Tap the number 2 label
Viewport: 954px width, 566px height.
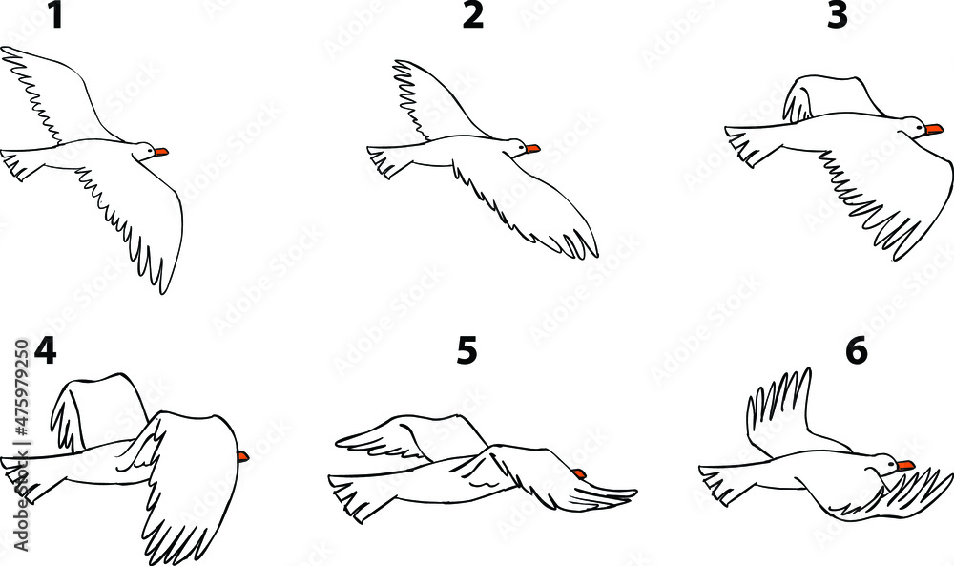pos(472,16)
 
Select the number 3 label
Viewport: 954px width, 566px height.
pos(837,16)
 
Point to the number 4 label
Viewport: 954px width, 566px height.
pos(44,352)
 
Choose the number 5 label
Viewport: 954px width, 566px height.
pos(467,352)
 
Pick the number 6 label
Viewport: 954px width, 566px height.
pos(856,352)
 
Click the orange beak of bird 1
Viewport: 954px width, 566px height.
pos(161,152)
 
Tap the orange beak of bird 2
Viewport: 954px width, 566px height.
pos(532,149)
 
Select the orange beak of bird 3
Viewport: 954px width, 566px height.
pos(934,129)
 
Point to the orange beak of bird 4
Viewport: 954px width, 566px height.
pos(243,457)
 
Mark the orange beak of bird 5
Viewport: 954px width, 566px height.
pos(580,473)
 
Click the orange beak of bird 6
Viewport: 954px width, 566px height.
pos(905,465)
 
